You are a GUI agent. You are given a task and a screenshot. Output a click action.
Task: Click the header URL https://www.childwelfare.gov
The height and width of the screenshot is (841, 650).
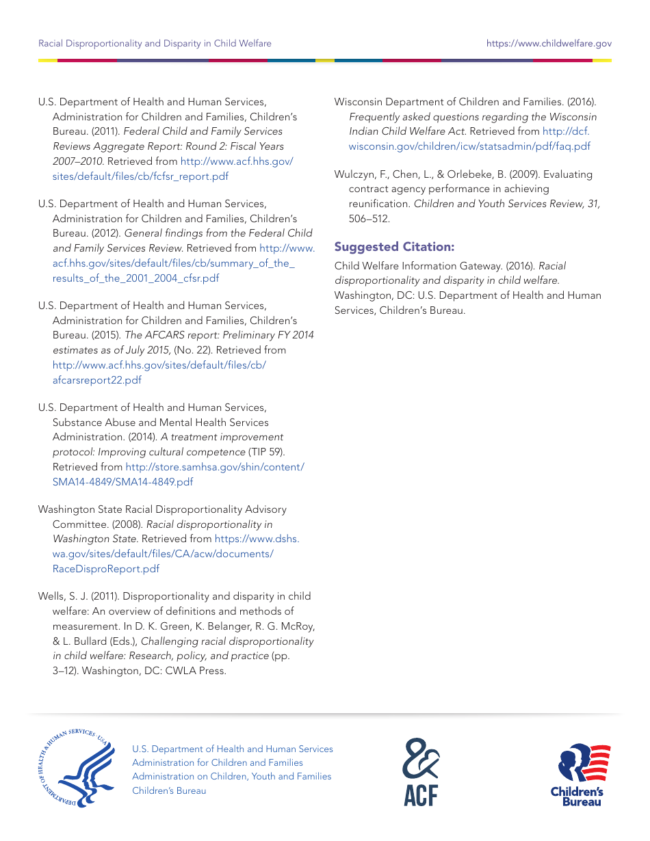549,43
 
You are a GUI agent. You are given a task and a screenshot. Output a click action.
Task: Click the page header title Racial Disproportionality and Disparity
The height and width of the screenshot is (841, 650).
155,43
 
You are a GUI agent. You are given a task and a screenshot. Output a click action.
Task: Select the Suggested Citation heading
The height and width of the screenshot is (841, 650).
394,247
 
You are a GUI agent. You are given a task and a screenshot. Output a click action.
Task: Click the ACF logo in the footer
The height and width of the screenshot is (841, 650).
421,771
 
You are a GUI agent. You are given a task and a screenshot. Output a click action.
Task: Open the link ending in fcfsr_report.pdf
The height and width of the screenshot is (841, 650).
140,176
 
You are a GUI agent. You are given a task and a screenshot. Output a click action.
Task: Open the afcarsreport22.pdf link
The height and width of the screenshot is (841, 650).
96,380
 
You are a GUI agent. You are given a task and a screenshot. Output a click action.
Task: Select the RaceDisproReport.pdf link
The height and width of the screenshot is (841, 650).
106,569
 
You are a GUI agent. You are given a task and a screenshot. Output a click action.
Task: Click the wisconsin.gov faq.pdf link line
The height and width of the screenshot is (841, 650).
469,146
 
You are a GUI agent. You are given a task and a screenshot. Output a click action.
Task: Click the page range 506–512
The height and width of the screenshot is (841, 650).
369,219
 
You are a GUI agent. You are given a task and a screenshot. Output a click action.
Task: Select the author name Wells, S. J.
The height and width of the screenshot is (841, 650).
64,597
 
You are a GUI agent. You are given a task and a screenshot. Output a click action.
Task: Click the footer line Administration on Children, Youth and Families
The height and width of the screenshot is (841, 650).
231,777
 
